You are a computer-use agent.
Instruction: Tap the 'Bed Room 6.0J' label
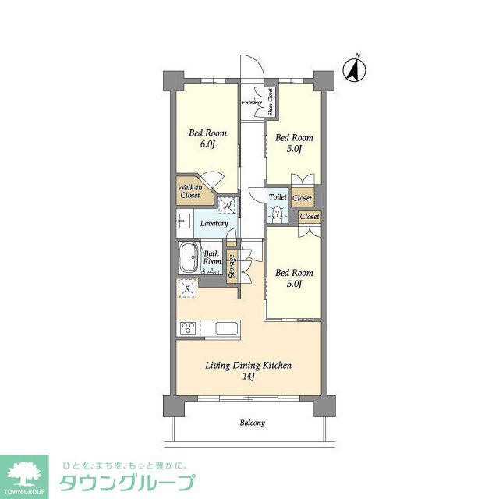click(x=206, y=139)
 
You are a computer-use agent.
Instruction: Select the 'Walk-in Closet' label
click(x=190, y=192)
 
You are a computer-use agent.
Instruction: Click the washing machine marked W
click(x=228, y=206)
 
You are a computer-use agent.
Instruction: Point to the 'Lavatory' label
click(x=214, y=224)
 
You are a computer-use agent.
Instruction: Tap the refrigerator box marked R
click(x=187, y=289)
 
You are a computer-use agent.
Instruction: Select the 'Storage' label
click(x=232, y=267)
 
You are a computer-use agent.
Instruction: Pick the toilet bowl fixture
click(x=278, y=214)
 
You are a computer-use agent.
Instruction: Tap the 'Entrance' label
click(x=251, y=102)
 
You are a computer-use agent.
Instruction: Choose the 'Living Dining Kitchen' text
click(x=249, y=365)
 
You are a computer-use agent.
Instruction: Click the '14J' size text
click(x=249, y=377)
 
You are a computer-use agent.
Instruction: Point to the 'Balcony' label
click(x=252, y=423)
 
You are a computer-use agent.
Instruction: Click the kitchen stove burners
click(x=187, y=328)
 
